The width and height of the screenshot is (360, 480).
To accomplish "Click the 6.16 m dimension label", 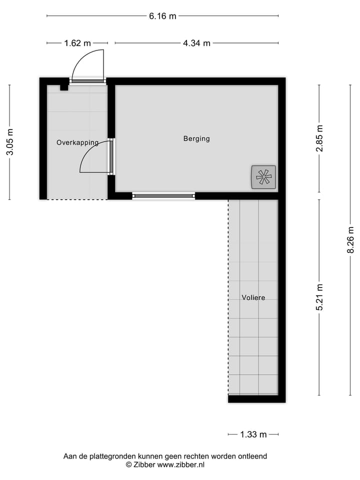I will pyautogui.click(x=162, y=16).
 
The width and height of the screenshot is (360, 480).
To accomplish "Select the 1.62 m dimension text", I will pyautogui.click(x=77, y=43).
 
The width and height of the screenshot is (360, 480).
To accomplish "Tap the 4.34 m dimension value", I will pyautogui.click(x=196, y=43).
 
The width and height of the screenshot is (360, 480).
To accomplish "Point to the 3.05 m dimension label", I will pyautogui.click(x=10, y=142).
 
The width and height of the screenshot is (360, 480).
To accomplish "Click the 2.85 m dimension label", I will pyautogui.click(x=320, y=138).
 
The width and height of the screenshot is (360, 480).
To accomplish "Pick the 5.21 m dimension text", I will pyautogui.click(x=320, y=297).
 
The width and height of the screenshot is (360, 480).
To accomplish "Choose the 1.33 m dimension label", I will pyautogui.click(x=253, y=434).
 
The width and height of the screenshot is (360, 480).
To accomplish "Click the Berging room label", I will pyautogui.click(x=196, y=138).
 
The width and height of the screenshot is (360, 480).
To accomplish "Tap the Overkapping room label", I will pyautogui.click(x=77, y=142).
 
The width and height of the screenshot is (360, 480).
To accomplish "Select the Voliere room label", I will pyautogui.click(x=253, y=297).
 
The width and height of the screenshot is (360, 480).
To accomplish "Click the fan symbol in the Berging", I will pyautogui.click(x=263, y=176).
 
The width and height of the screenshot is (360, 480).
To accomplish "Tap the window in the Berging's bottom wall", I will pyautogui.click(x=163, y=195).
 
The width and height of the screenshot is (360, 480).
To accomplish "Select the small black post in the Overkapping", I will pyautogui.click(x=63, y=87).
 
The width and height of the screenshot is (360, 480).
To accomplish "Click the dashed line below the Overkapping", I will pyautogui.click(x=77, y=199).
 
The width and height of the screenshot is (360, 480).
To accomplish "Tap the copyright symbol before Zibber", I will pyautogui.click(x=128, y=464).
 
